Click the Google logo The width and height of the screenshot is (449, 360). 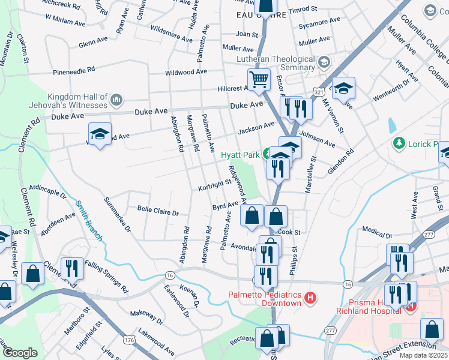(x=20, y=353)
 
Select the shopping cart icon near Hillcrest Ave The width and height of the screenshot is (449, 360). (x=259, y=79)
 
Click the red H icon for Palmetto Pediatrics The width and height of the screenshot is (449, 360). (x=310, y=297)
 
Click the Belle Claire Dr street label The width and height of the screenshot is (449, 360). (x=158, y=212)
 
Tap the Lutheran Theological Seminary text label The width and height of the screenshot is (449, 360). (x=284, y=64)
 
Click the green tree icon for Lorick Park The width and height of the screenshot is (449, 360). (x=397, y=143)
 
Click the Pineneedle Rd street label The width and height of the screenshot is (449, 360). (x=74, y=70)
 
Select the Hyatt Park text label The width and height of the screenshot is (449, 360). (x=240, y=154)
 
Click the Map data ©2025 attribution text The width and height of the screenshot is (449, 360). (x=423, y=355)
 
